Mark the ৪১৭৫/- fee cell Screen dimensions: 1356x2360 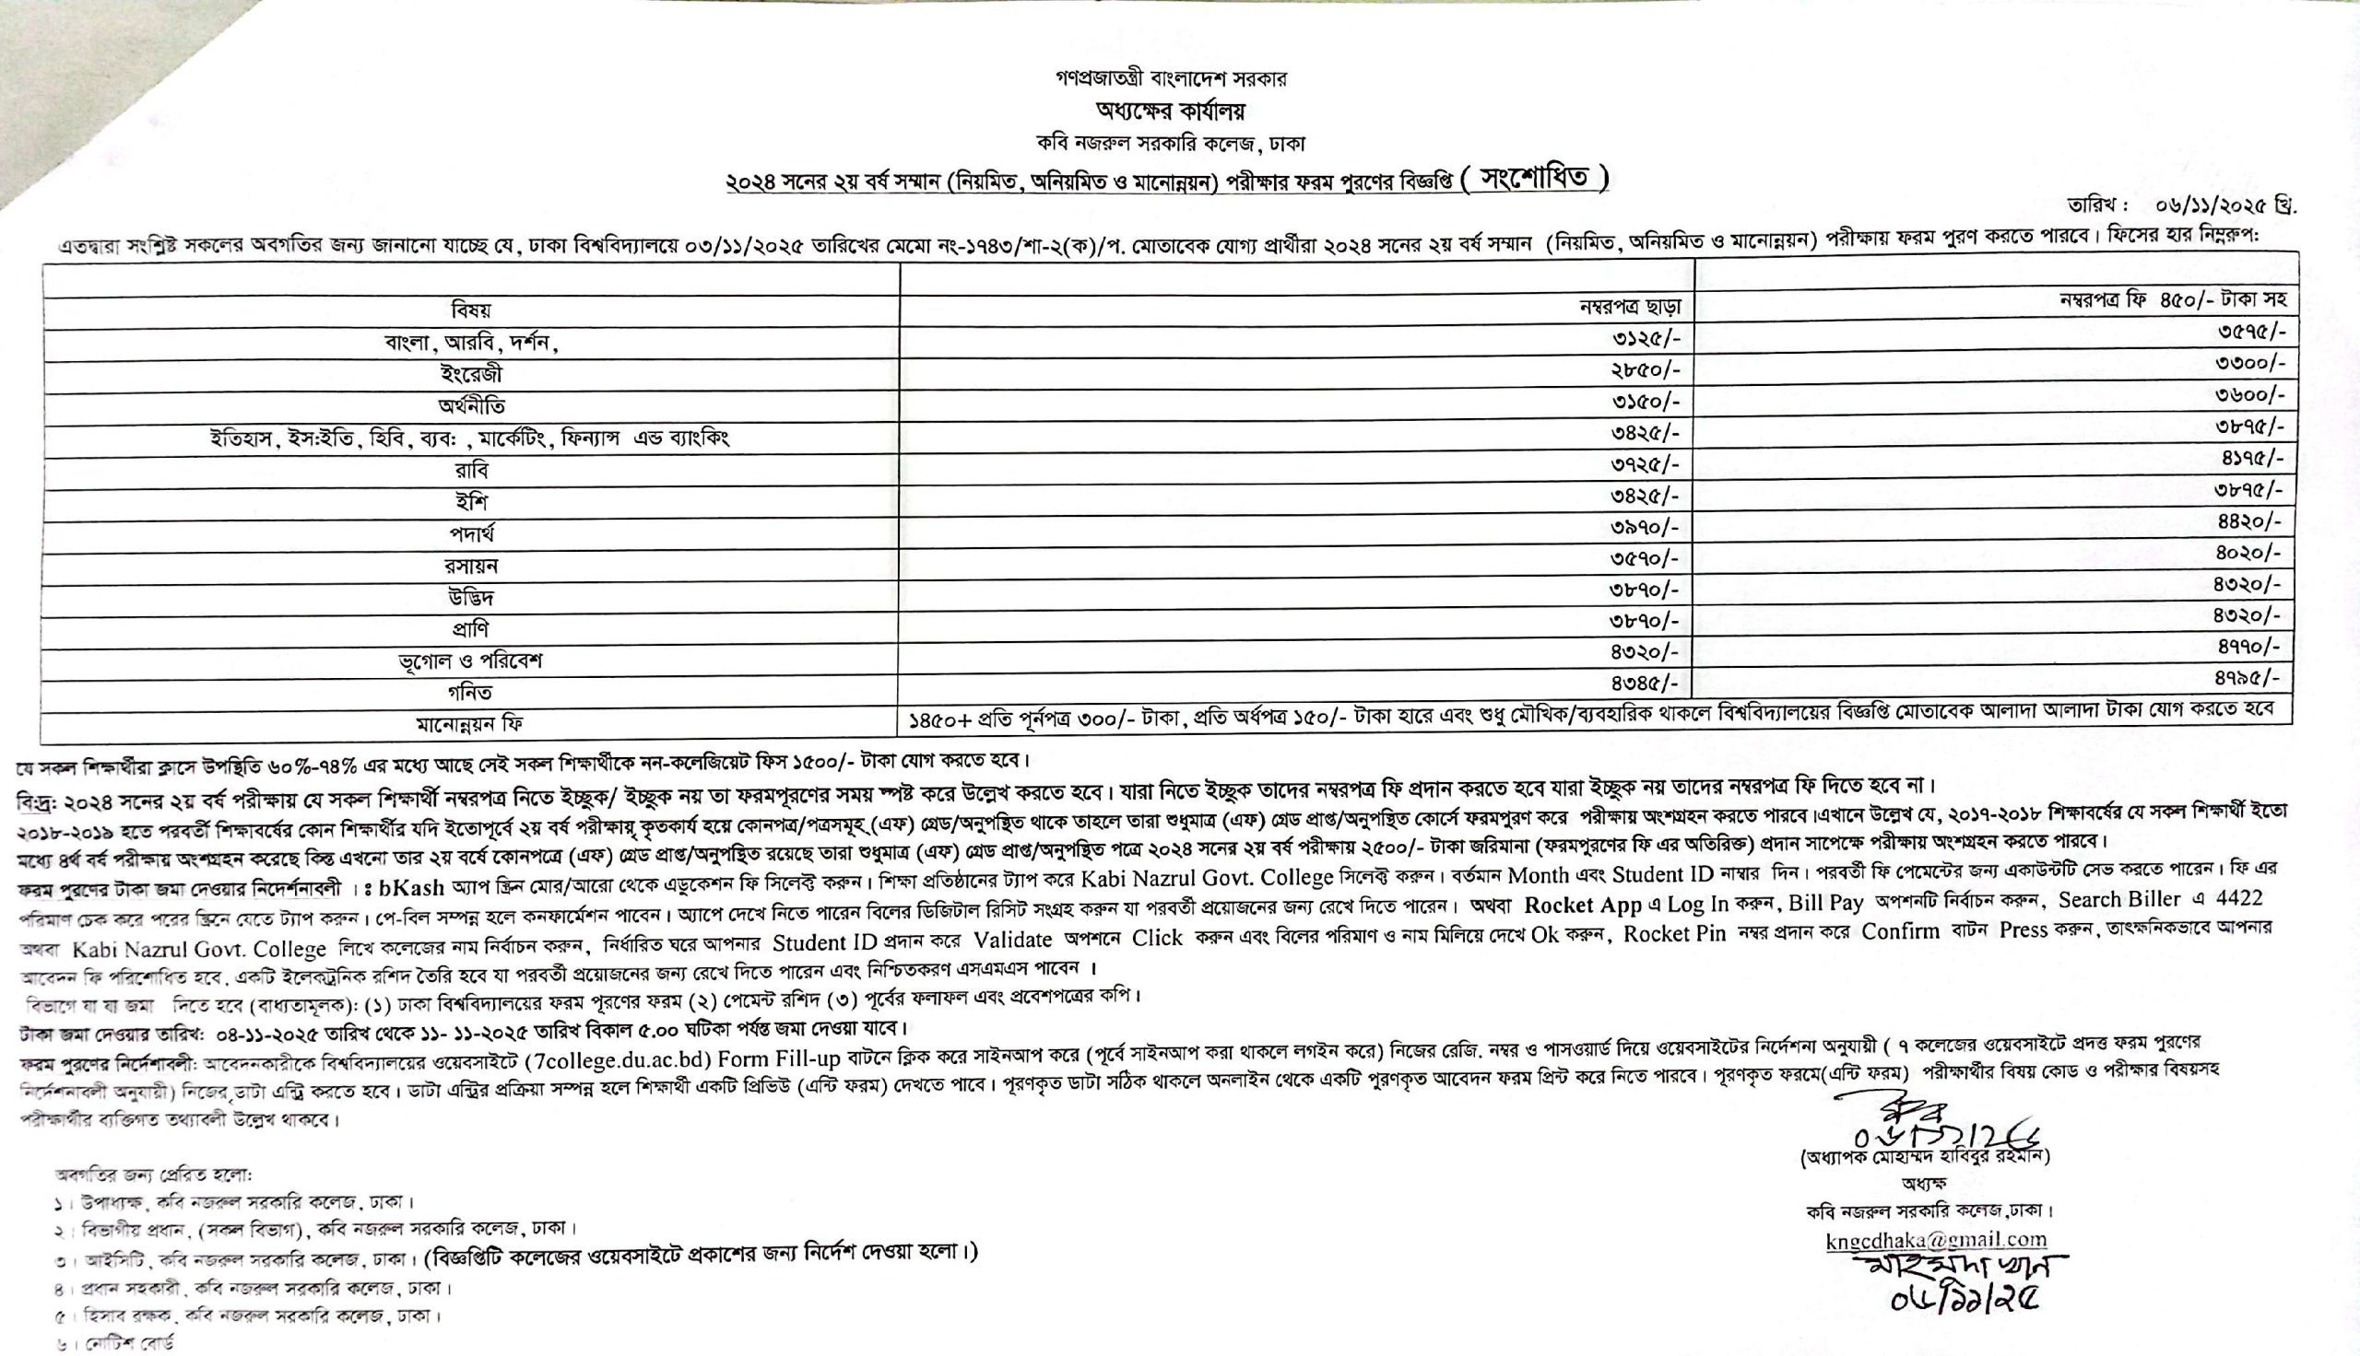coord(2249,458)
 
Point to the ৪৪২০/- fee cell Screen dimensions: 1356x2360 coord(2249,521)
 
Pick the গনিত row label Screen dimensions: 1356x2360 coord(470,692)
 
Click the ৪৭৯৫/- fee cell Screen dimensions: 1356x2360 coord(2249,677)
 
